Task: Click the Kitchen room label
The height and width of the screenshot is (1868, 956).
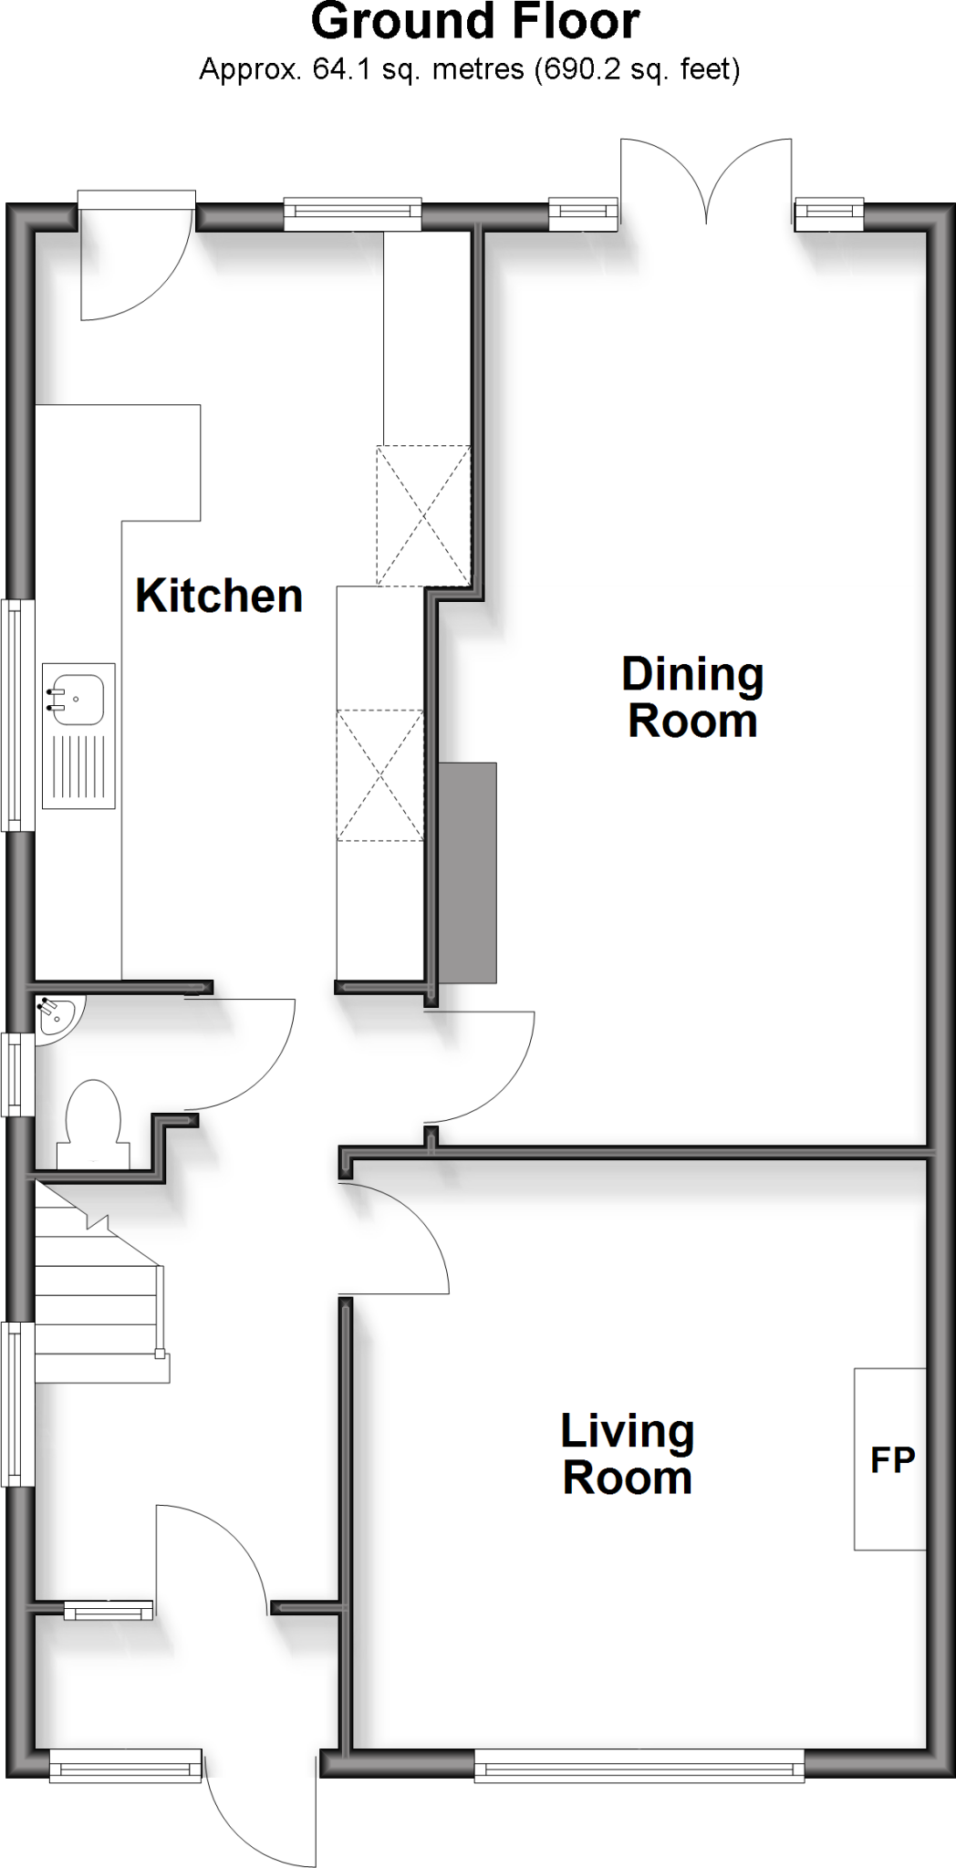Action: (x=219, y=596)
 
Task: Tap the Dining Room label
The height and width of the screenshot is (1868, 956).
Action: (x=692, y=698)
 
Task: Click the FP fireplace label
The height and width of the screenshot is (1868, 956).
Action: (x=892, y=1459)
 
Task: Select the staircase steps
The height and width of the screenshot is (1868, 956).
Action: (x=96, y=1295)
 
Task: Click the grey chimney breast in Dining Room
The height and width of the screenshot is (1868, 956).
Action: (x=468, y=872)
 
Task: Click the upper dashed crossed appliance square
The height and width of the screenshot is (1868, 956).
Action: (x=423, y=515)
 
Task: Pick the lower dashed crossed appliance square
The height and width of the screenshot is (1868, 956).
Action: (x=380, y=775)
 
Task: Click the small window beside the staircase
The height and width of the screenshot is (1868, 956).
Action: (x=16, y=1405)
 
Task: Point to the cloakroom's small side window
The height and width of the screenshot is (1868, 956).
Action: (x=16, y=1074)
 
